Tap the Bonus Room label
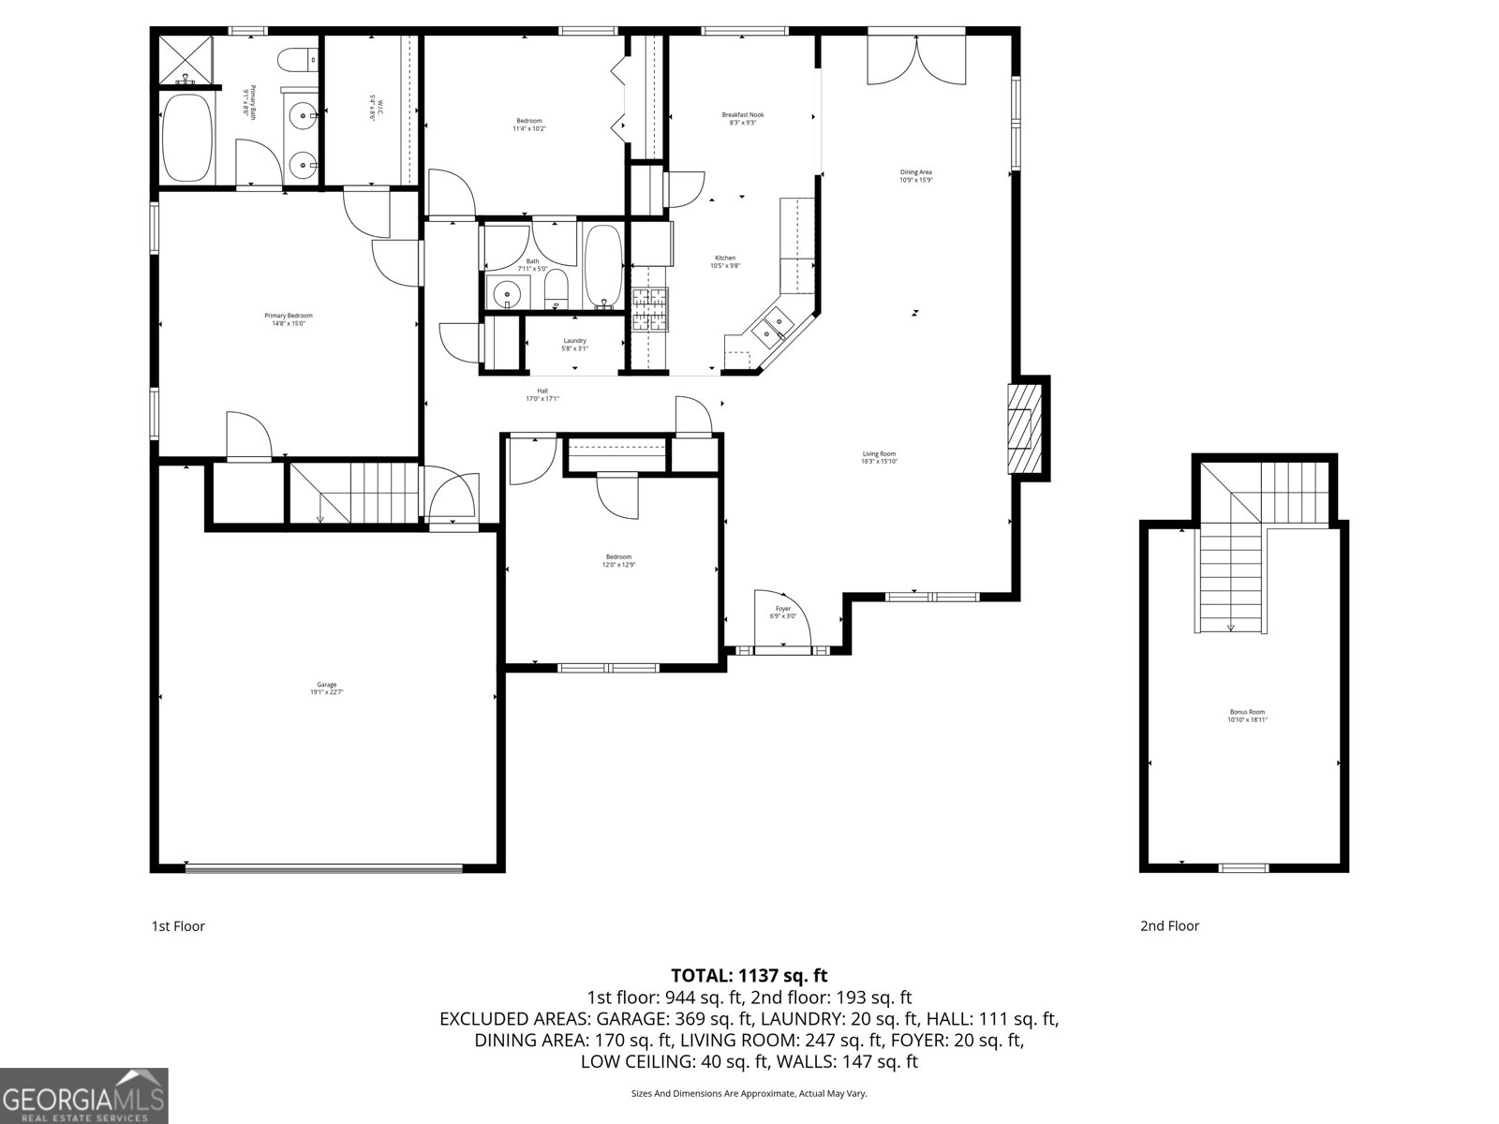pos(1246,716)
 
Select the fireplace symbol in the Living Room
pos(1023,429)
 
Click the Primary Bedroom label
pos(288,319)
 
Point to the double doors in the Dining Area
pos(916,60)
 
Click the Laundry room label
pos(574,344)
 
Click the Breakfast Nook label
pos(742,118)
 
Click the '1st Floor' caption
pos(178,925)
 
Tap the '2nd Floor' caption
pos(1169,925)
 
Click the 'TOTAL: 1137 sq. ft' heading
pos(749,975)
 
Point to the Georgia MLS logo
pos(83,1095)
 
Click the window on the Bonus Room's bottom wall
pos(1244,867)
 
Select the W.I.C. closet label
pos(372,110)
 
